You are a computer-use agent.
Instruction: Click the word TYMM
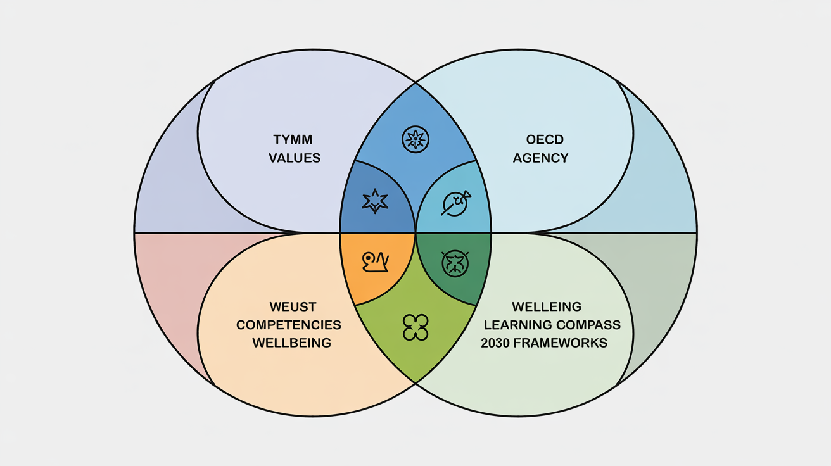coord(293,139)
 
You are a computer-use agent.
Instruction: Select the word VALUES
coord(295,158)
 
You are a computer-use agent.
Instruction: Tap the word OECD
coord(540,139)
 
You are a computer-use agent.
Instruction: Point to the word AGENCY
coord(540,158)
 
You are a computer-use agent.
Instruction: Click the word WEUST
coord(292,307)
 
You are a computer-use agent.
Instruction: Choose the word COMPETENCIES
coord(289,325)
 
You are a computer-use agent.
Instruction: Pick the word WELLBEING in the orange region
coord(291,343)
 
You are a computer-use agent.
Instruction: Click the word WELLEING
coord(546,307)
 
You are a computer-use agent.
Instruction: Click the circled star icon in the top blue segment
coord(415,139)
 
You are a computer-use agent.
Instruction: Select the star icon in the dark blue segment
coord(374,201)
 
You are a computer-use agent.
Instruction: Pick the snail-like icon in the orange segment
coord(376,261)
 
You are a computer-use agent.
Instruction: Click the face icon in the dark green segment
coord(455,261)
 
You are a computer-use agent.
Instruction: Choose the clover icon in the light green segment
coord(415,327)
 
